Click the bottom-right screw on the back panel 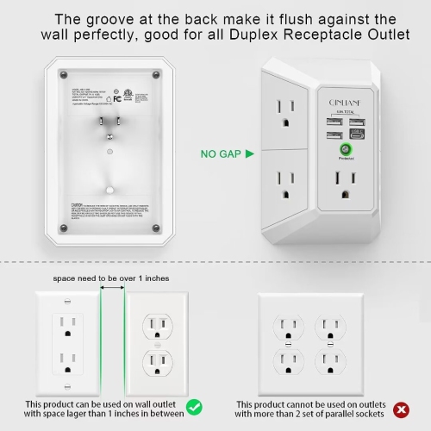tap(155, 228)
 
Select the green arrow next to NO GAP tap(249, 154)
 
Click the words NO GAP tap(221, 154)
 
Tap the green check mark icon tap(195, 405)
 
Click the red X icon tap(400, 407)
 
